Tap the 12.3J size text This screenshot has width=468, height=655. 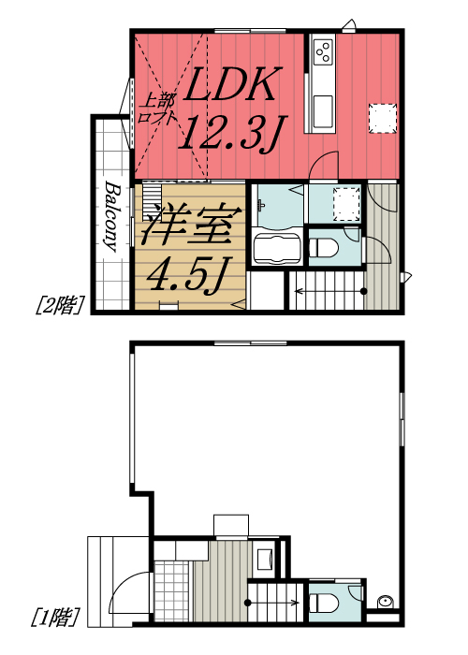click(231, 133)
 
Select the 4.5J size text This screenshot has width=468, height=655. click(188, 273)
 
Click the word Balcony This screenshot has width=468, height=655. click(110, 216)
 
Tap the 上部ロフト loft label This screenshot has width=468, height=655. click(157, 109)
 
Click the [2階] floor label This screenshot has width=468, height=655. click(60, 305)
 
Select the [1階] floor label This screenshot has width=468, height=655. click(55, 618)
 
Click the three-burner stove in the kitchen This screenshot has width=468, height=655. click(324, 51)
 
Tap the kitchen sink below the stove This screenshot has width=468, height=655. click(323, 111)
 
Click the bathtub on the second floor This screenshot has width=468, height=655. click(277, 249)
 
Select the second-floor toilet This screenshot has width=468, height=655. click(324, 248)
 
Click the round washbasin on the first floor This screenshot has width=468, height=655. click(384, 602)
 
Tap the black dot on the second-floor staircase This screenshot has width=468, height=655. click(364, 291)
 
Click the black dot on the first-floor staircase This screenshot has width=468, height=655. click(248, 603)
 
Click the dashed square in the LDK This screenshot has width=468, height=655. click(382, 119)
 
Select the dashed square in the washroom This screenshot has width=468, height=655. click(346, 204)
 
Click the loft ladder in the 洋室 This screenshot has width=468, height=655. click(152, 200)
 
